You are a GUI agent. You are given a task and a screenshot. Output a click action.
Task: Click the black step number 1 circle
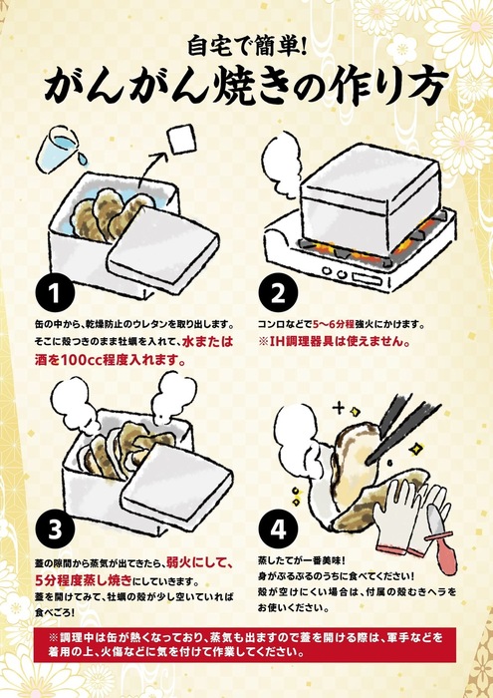coord(54,292)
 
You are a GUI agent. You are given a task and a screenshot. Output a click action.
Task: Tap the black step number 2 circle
coord(278,292)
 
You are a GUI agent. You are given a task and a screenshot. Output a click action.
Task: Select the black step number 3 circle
coord(54,529)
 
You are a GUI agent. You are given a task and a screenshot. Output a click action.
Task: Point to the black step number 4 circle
coord(278,529)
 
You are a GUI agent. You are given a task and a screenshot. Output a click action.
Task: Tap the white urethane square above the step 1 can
coord(181,139)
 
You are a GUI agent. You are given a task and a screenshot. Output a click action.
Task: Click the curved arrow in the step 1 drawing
coord(152,169)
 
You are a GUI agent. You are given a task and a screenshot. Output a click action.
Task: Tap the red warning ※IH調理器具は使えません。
coord(334,342)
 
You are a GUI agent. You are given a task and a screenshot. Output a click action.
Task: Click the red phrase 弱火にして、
coord(199,563)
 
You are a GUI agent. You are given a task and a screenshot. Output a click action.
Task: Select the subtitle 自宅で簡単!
coord(247,47)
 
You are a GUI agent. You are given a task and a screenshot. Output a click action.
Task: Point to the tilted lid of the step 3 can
coord(177,484)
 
